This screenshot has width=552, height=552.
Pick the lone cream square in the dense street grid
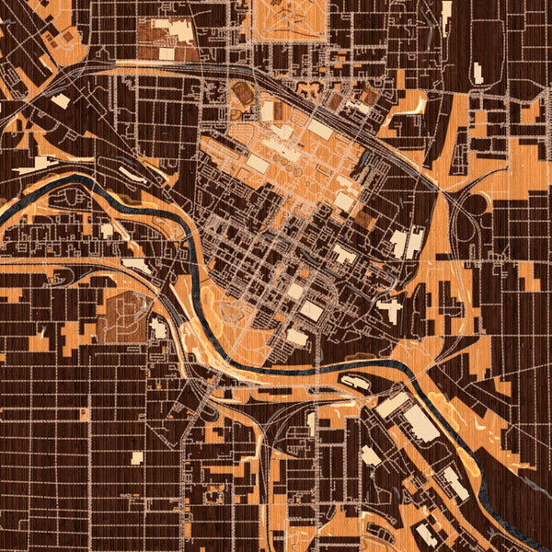click(x=136, y=457)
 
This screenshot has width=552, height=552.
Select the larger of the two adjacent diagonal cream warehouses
click(x=420, y=422)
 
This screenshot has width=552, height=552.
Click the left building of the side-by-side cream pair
click(x=398, y=244)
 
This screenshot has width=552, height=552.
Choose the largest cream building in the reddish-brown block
click(x=180, y=32)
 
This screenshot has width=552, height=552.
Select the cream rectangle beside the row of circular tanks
click(x=258, y=164)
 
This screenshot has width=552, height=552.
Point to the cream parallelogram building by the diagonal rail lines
click(x=60, y=100)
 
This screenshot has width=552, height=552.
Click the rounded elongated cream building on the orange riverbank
click(x=355, y=379)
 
